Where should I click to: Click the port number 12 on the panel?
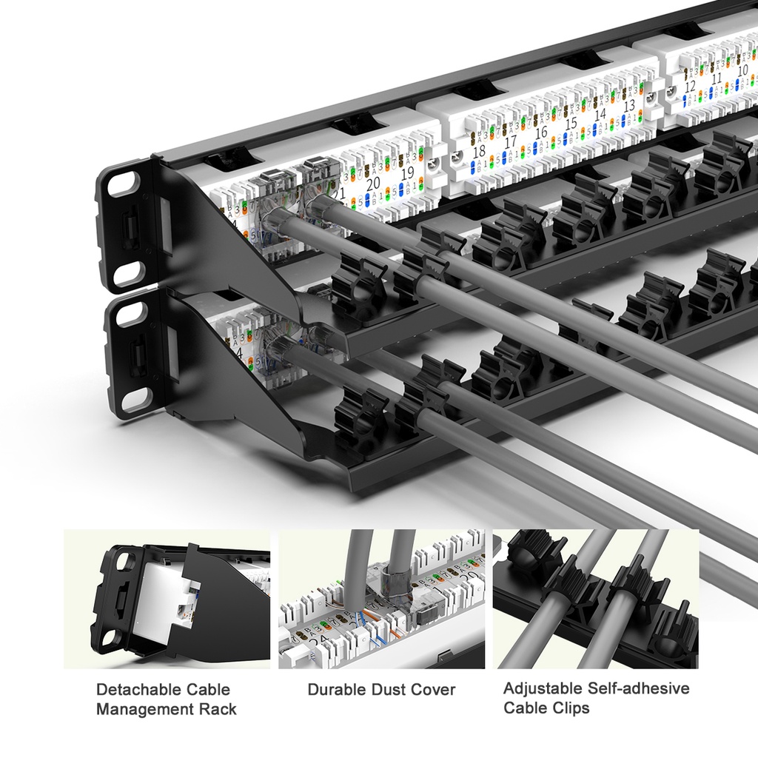click(x=690, y=87)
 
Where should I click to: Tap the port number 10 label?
click(x=743, y=70)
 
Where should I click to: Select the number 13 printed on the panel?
click(x=628, y=106)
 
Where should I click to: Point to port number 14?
click(x=600, y=115)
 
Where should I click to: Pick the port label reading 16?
click(x=541, y=133)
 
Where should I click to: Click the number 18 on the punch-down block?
click(x=478, y=153)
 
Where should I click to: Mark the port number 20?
click(x=372, y=182)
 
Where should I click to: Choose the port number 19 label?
click(x=407, y=173)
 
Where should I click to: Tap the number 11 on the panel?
click(x=716, y=78)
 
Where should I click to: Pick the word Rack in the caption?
click(x=218, y=710)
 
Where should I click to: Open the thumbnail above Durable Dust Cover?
click(x=381, y=599)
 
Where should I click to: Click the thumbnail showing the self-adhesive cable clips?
click(x=595, y=599)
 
